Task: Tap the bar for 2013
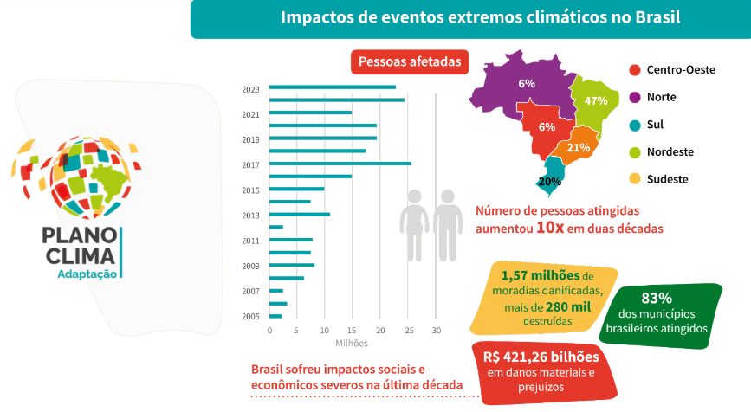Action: [299, 214]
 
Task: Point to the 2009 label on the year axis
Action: [250, 266]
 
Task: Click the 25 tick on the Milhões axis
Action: [409, 331]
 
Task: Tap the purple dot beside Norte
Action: [634, 97]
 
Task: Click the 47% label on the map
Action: [595, 100]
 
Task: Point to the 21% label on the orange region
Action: [578, 147]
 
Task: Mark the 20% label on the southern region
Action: [549, 182]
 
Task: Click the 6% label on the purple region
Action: [527, 84]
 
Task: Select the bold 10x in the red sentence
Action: [552, 229]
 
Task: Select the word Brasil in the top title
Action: [656, 17]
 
